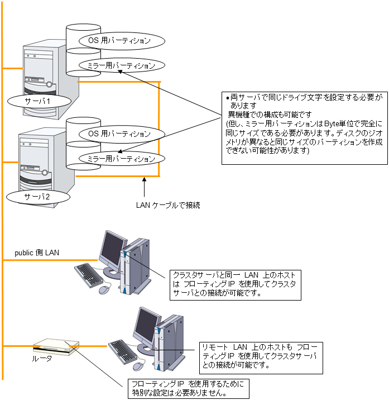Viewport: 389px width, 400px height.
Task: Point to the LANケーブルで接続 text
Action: [x=168, y=206]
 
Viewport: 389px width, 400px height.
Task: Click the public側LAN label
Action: [x=37, y=253]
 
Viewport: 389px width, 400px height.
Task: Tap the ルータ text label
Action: [x=42, y=358]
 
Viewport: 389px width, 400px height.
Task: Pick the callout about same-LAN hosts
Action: [x=235, y=284]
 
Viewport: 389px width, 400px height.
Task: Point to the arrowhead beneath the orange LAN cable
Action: [x=145, y=180]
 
